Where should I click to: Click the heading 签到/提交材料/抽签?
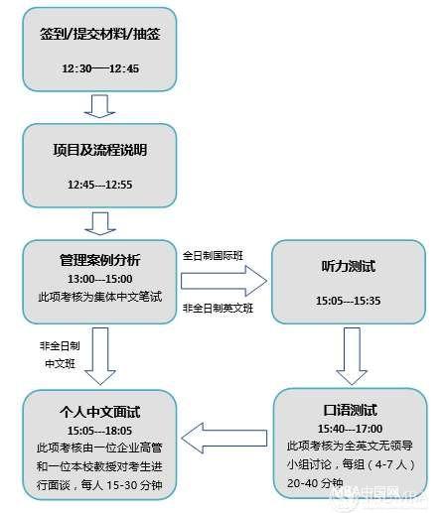(x=100, y=34)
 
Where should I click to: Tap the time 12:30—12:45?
(x=100, y=68)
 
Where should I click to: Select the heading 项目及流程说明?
(x=100, y=150)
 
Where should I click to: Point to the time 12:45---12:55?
(x=100, y=185)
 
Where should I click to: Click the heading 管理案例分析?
(x=100, y=260)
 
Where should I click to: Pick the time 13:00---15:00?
(x=100, y=279)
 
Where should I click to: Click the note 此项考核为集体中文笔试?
(x=100, y=297)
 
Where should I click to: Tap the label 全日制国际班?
(x=213, y=256)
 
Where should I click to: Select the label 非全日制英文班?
(x=218, y=309)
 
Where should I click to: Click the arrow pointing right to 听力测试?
(x=223, y=281)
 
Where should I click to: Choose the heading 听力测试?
(x=349, y=266)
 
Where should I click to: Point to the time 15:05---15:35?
(x=349, y=301)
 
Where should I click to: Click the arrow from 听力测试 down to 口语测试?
(x=352, y=356)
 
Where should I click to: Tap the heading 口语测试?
(x=351, y=410)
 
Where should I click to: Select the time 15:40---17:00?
(x=351, y=429)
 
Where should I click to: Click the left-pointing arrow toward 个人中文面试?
(x=224, y=438)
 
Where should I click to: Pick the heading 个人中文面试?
(x=100, y=412)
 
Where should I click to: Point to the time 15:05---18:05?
(x=100, y=431)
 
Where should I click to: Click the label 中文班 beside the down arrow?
(x=60, y=364)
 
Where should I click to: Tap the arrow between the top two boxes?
(x=99, y=106)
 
